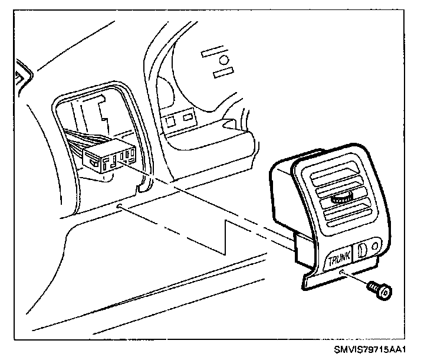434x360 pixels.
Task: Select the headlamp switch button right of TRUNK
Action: coord(363,248)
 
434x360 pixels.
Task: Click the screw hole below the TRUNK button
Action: coord(342,272)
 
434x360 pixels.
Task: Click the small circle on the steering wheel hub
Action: coord(223,60)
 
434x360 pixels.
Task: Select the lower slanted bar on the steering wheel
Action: coord(222,73)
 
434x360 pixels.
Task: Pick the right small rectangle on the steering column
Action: coord(188,117)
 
